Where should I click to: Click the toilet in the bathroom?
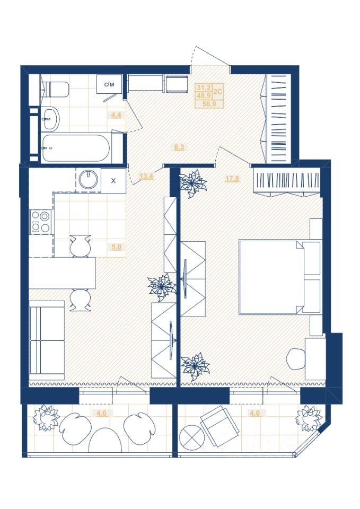point(55,90)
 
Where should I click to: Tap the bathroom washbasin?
point(50,119)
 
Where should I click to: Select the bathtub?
point(76,148)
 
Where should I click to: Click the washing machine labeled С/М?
point(109,85)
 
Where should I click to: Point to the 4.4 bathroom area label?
point(116,115)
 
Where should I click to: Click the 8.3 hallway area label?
point(179,147)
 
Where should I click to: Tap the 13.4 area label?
point(146,177)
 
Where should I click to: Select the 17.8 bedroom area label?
point(232,178)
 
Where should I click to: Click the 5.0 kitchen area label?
point(116,247)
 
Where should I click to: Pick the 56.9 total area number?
point(209,104)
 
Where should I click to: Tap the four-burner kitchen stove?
point(41,222)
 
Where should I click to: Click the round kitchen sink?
point(89,180)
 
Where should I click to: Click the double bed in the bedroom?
point(280,277)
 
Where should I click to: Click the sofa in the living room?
point(47,340)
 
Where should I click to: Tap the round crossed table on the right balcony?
point(191,435)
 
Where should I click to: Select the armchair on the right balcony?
point(220,426)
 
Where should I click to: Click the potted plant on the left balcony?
point(47,417)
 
